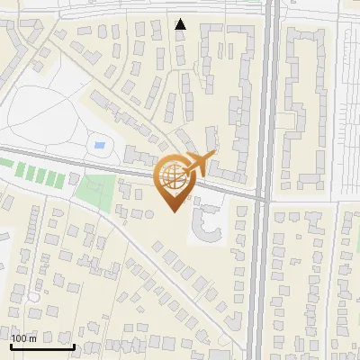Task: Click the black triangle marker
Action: [181, 23]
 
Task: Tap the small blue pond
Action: [99, 144]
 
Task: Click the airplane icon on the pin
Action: [197, 165]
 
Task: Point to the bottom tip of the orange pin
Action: [173, 211]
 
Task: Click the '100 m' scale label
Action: [24, 338]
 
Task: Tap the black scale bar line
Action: [42, 346]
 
